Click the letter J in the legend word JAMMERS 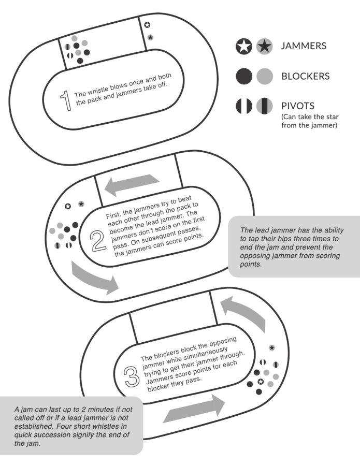coord(283,46)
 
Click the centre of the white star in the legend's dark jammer coord(244,47)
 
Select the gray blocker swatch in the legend coord(265,76)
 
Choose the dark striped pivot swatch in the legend coord(244,106)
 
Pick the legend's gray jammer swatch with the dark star coord(265,47)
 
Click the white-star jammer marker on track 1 coord(147,25)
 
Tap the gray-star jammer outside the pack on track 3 coord(272,347)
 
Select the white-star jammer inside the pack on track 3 coord(261,381)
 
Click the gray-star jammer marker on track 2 coord(81,204)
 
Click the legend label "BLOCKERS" coord(305,76)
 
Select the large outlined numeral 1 coord(66,101)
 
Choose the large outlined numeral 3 coord(132,376)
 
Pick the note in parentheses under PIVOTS coord(310,121)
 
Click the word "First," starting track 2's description coord(113,214)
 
